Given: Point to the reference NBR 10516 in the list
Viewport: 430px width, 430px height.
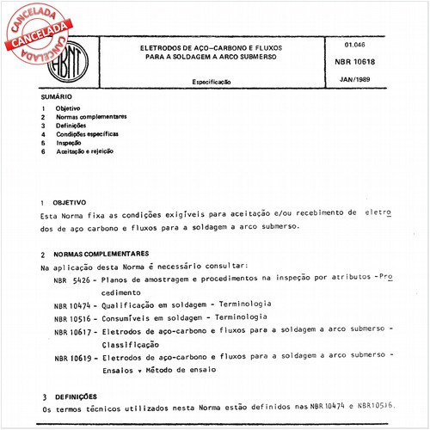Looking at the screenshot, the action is pyautogui.click(x=71, y=316).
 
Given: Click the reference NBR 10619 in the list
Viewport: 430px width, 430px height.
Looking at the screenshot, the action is pyautogui.click(x=71, y=355).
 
